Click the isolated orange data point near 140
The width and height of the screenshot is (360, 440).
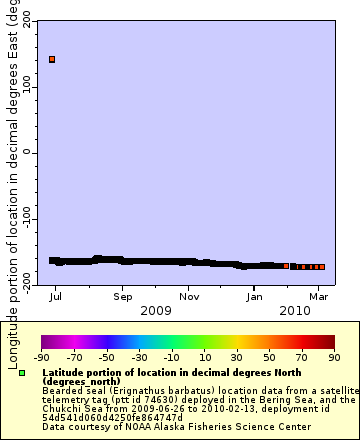52,60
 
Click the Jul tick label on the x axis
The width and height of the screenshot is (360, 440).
56,297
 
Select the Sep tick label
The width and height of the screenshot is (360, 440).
122,297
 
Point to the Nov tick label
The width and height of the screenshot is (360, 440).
188,297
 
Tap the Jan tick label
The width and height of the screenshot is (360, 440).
255,297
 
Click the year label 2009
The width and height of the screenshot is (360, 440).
155,310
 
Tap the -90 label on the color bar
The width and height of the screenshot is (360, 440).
41,357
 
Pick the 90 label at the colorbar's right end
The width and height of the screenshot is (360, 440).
333,357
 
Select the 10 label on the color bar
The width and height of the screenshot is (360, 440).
203,357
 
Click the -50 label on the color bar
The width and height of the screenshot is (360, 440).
106,357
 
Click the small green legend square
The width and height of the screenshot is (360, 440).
21,373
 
